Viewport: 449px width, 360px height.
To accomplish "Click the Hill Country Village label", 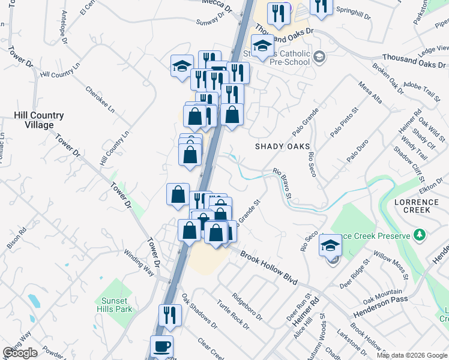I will pyautogui.click(x=39, y=120).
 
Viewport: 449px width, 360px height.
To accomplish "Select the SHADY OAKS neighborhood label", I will pyautogui.click(x=282, y=146).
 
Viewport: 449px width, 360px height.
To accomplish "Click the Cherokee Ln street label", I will pyautogui.click(x=99, y=98).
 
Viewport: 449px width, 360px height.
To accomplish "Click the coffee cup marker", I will pyautogui.click(x=161, y=346).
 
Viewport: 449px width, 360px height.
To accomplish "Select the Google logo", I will pyautogui.click(x=20, y=353).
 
